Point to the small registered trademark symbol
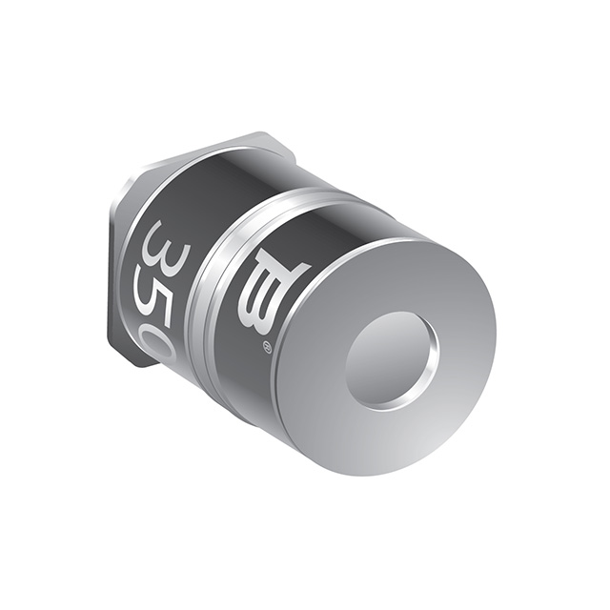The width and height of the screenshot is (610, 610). (x=268, y=348)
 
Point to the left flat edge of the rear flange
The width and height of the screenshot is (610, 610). (x=112, y=276)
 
